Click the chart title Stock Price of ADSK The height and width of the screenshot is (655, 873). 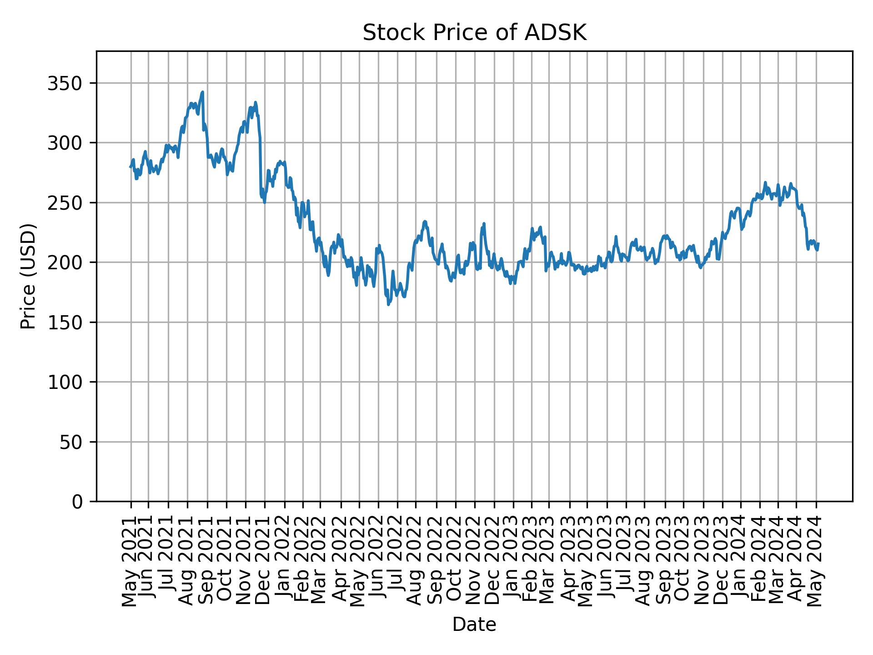pos(474,33)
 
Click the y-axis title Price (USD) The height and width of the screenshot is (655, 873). pos(28,276)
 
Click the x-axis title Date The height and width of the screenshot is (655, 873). pos(474,625)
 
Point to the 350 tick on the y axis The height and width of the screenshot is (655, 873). pos(68,83)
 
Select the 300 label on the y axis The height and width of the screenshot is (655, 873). pos(68,143)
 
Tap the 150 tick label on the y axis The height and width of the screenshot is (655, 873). pos(68,322)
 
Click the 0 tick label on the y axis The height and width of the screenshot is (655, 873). pos(78,502)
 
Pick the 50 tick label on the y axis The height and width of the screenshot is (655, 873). pos(73,442)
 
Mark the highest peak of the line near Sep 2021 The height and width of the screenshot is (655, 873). pos(202,92)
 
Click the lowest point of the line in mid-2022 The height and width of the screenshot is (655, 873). pos(388,304)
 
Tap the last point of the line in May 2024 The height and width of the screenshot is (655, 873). pos(818,243)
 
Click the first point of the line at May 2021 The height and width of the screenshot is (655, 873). pos(130,167)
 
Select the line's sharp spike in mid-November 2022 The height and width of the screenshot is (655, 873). pos(484,223)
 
